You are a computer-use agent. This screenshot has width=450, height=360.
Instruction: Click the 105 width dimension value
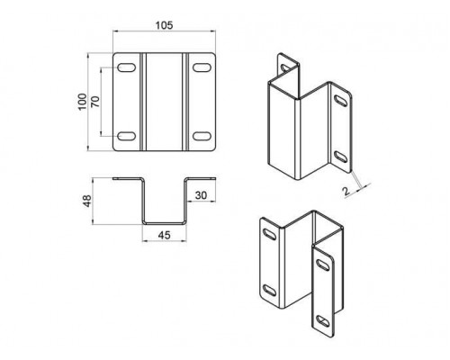click(x=164, y=25)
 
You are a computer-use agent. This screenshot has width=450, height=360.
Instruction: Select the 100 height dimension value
click(x=83, y=102)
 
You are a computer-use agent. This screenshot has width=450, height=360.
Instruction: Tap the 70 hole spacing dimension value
click(x=95, y=102)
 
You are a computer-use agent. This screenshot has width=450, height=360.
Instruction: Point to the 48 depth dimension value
click(x=87, y=201)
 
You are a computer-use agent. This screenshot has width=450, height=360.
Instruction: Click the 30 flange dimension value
click(x=201, y=195)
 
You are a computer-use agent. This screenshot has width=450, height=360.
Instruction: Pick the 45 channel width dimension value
click(x=164, y=235)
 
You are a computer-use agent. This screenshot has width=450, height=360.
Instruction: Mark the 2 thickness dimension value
click(x=346, y=191)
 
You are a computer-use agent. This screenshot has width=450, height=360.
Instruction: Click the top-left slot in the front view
click(x=126, y=67)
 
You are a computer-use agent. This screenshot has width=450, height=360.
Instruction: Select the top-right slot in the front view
click(x=202, y=67)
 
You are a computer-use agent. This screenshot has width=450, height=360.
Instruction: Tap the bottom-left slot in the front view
click(x=126, y=136)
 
